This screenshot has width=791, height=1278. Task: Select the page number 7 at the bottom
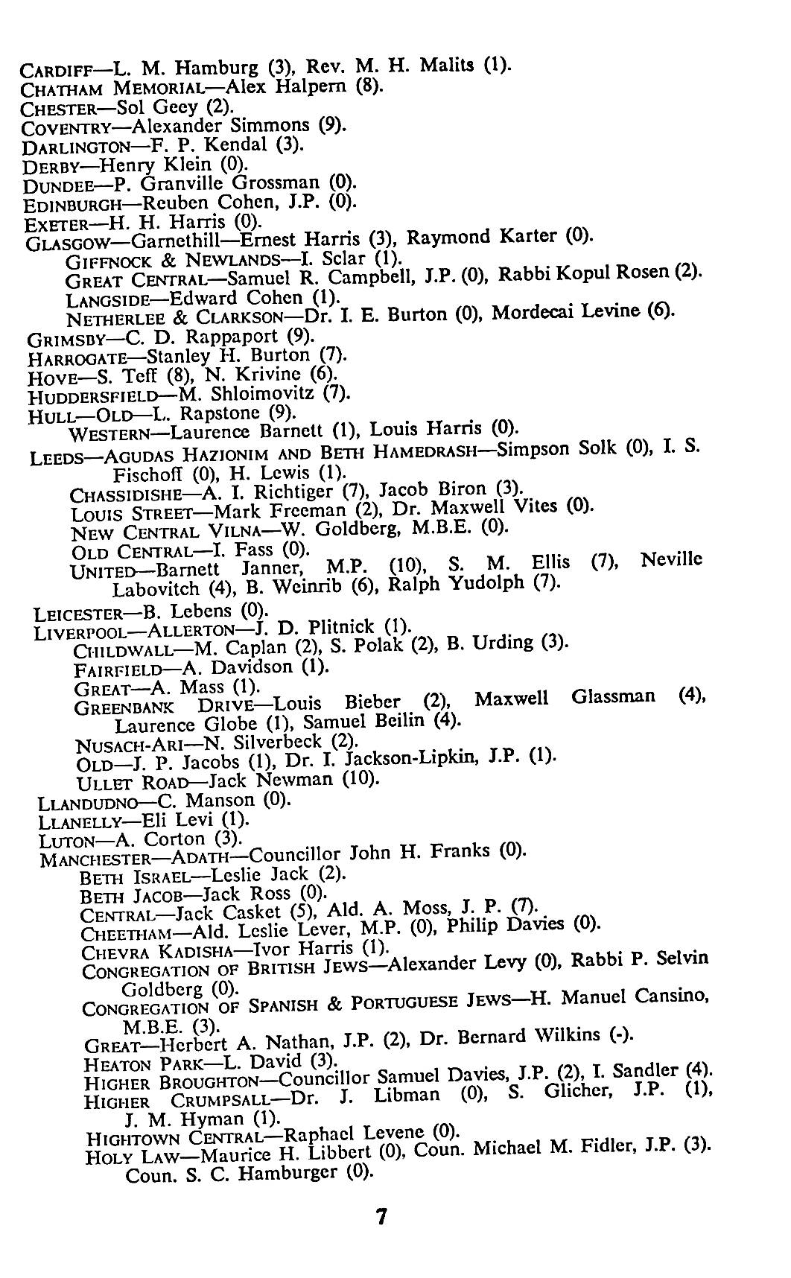click(x=381, y=1217)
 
